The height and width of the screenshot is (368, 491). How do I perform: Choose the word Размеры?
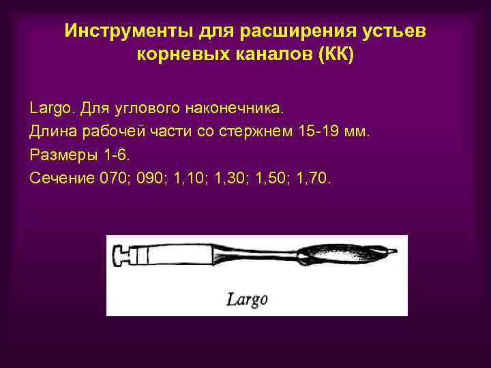click(59, 155)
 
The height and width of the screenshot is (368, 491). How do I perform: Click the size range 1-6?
click(109, 155)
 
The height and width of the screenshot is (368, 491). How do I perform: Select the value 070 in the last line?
click(113, 178)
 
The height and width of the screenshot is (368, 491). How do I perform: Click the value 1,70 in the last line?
click(313, 178)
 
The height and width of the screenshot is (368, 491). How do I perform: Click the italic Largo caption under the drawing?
click(246, 298)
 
